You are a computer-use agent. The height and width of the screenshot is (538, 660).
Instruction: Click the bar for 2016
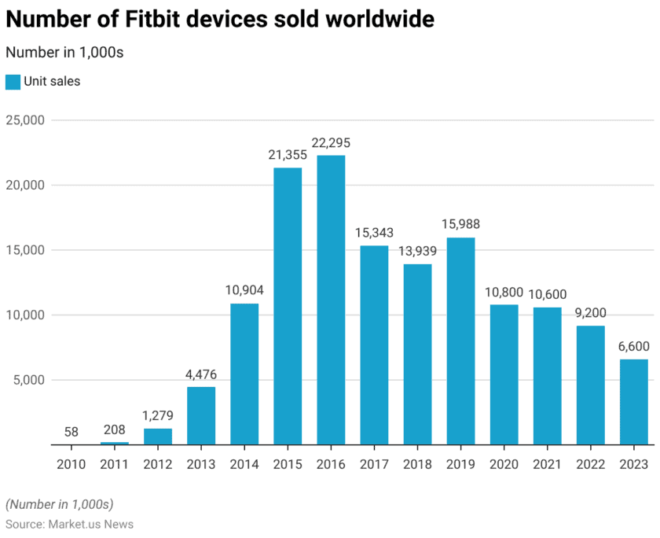tap(331, 300)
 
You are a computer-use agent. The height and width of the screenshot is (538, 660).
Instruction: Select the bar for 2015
tap(288, 306)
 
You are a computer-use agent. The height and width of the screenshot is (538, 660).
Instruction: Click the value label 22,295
tap(331, 143)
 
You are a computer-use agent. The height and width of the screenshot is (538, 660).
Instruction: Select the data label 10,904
tap(244, 291)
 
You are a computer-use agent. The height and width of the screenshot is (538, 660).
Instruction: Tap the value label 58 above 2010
tap(71, 432)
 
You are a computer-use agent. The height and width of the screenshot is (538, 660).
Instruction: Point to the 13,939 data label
tap(417, 252)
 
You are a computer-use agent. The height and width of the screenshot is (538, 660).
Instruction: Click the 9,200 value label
tap(591, 313)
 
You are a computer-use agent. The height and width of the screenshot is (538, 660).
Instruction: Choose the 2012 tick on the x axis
tap(157, 464)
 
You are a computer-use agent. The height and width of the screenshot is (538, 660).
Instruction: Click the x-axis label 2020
tap(504, 464)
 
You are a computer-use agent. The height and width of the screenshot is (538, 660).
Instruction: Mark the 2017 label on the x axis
tap(374, 464)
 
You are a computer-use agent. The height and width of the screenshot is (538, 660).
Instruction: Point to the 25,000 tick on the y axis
tap(26, 120)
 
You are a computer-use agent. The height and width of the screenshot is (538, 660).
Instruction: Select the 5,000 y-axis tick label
tap(30, 380)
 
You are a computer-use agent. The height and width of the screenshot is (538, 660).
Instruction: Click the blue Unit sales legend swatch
tap(13, 82)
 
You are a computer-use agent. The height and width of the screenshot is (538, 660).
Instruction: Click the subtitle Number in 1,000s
tap(64, 53)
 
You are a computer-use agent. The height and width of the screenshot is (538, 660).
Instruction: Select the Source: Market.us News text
tap(69, 524)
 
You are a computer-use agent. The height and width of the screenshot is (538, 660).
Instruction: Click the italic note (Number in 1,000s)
tap(60, 503)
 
